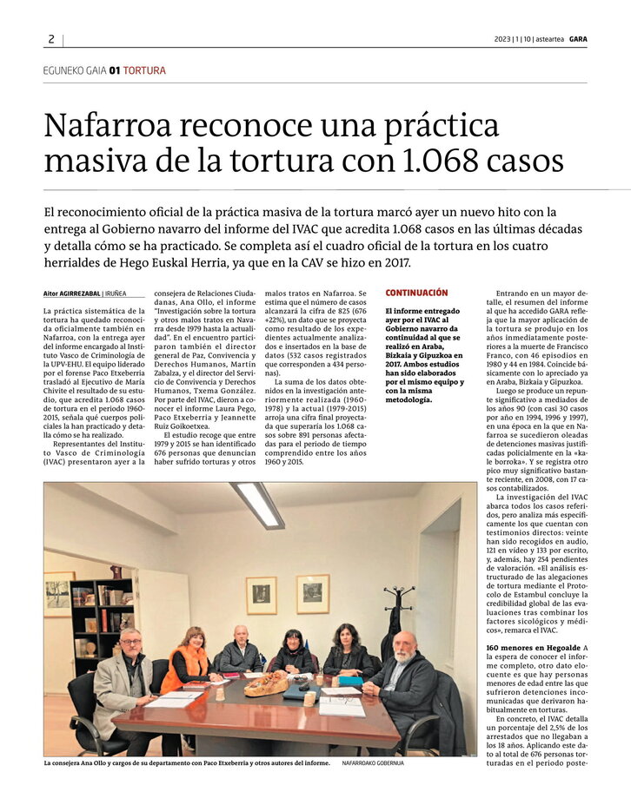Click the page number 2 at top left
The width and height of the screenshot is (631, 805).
[51, 39]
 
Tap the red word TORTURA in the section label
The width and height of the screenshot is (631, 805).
[144, 70]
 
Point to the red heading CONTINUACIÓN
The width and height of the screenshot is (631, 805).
[416, 294]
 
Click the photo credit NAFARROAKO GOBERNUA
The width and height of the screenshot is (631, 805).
[373, 763]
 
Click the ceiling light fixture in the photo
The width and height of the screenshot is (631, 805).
[257, 505]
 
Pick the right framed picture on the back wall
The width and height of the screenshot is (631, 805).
[312, 593]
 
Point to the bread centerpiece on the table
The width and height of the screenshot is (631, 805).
[266, 684]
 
